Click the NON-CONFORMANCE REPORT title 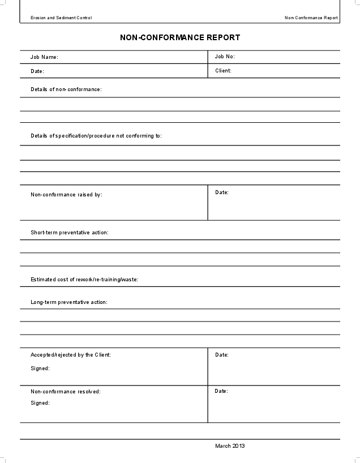point(180,37)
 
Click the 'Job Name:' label point(44,57)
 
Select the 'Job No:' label point(225,57)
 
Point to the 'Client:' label point(223,71)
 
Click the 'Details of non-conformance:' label point(66,89)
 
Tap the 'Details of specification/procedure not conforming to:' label point(96,136)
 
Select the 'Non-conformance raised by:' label point(66,195)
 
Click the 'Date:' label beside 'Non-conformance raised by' point(222,192)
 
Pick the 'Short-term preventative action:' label point(69,233)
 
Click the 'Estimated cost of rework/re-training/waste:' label point(84,280)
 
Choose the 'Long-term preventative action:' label point(68,302)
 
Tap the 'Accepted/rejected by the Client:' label point(70,355)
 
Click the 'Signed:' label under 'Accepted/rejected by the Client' point(40,368)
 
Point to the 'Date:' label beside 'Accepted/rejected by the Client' point(222,355)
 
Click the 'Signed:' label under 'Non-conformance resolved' point(40,403)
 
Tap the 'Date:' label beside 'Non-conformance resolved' point(221,391)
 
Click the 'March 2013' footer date point(230,446)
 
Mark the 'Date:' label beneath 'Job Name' point(37,71)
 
